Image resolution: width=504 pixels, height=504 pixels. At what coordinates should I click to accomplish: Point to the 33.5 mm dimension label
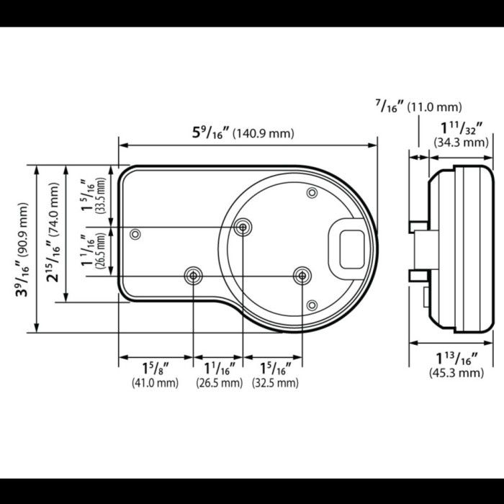click(102, 195)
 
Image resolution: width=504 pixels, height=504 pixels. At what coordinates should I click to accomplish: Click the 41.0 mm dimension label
click(155, 383)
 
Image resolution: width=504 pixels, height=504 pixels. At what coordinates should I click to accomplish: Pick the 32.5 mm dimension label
click(275, 383)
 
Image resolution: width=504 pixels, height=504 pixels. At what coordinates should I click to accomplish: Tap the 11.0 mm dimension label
click(434, 107)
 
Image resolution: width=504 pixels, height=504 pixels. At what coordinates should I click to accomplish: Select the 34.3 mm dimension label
click(461, 142)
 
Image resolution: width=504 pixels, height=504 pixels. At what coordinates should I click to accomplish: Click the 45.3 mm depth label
click(456, 373)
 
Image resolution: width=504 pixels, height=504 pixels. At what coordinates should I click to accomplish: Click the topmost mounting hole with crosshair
click(243, 228)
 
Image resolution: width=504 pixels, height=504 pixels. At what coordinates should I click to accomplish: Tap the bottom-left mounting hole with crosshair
click(193, 276)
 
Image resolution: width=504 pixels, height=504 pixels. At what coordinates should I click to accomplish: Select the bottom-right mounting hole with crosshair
click(302, 276)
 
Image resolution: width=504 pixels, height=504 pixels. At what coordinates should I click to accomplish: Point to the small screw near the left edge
click(135, 234)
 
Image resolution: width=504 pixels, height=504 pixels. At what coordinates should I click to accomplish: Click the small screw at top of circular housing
click(312, 193)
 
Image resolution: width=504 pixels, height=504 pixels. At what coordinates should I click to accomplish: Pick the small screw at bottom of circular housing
click(312, 305)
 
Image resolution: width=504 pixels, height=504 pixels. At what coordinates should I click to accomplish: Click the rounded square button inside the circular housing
click(352, 249)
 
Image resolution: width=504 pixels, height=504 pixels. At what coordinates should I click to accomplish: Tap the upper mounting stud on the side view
click(418, 227)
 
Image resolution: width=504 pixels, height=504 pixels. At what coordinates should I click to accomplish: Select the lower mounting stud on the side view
click(418, 276)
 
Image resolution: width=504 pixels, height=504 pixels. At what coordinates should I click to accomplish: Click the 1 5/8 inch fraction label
click(156, 369)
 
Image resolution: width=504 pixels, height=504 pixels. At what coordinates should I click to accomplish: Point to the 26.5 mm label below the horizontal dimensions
click(219, 383)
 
